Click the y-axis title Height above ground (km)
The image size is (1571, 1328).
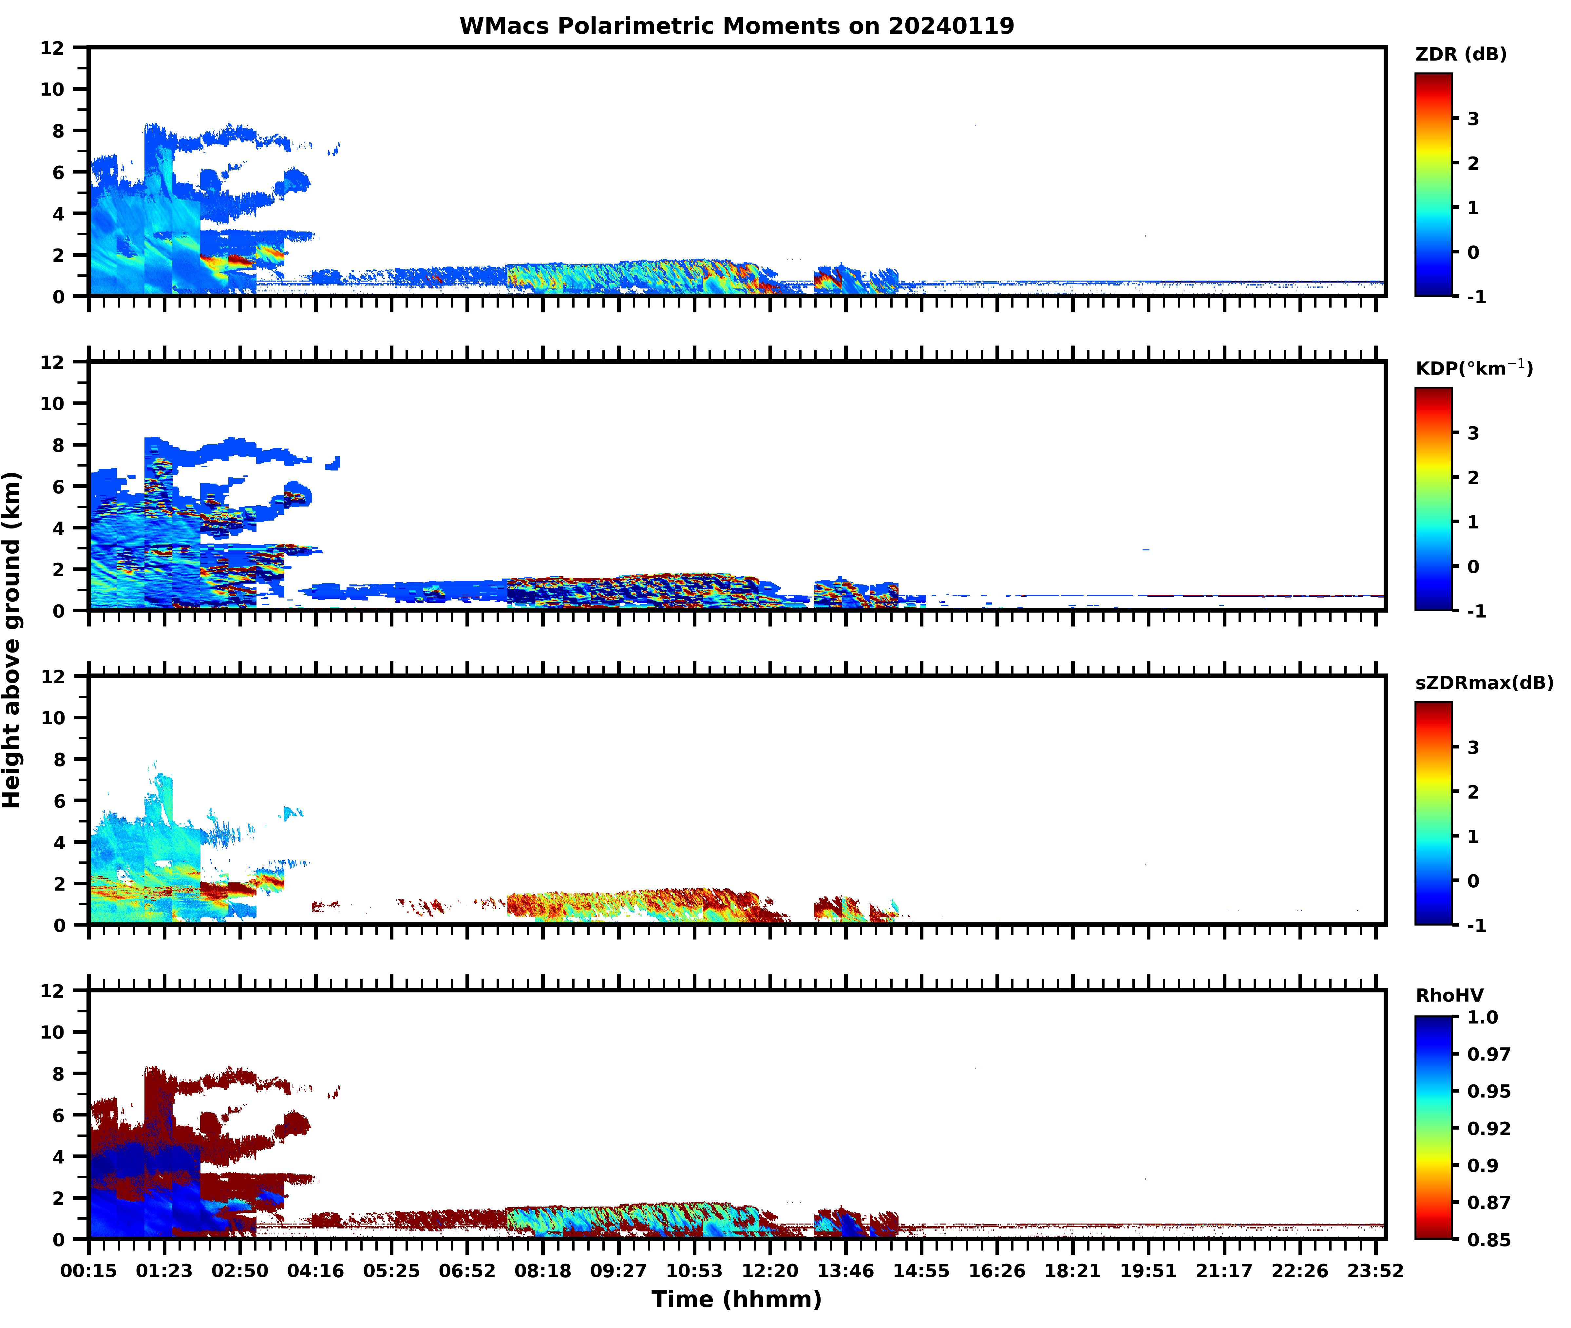[x=12, y=640]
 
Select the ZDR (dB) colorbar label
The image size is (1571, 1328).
[x=1460, y=54]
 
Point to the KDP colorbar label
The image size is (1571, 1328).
[x=1473, y=368]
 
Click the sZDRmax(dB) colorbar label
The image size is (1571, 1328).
[x=1484, y=683]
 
